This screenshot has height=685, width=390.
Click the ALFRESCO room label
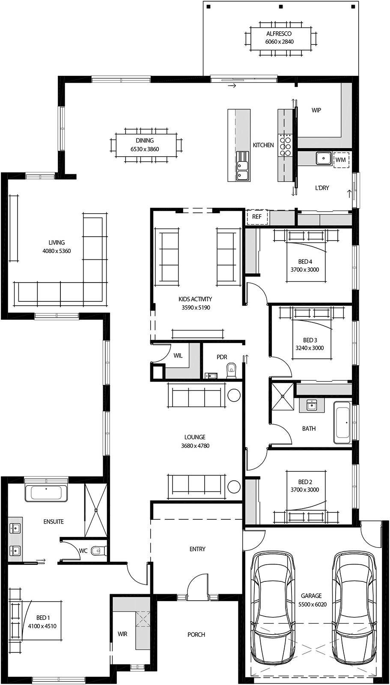[279, 33]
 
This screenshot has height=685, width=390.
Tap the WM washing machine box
[341, 160]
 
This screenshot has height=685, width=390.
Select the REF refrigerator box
[256, 217]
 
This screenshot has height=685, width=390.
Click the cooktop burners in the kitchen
[286, 145]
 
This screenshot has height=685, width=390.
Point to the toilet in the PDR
[231, 370]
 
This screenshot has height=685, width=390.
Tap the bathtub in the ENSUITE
[46, 493]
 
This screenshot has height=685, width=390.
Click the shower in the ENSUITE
[95, 510]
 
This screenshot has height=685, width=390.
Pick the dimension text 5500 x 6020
[311, 604]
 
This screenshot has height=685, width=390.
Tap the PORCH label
[196, 634]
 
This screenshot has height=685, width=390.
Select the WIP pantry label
[316, 110]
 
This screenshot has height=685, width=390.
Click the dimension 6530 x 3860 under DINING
[145, 149]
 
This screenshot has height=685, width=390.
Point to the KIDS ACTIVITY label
[195, 299]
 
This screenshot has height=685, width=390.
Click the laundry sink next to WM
[323, 158]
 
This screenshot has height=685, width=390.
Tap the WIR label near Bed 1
[122, 634]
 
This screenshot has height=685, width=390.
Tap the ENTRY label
[197, 549]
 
